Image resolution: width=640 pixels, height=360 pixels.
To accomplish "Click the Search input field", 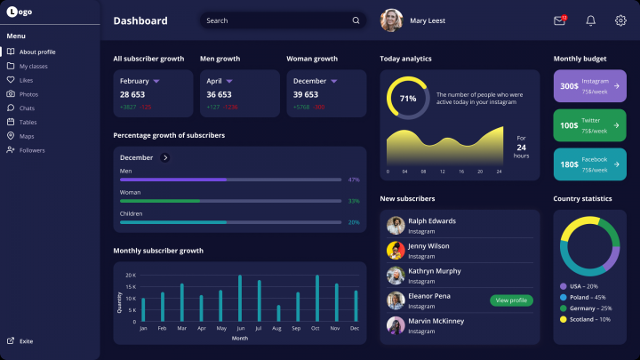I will (x=276, y=20).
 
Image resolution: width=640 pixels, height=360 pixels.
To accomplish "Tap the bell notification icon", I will (x=590, y=20).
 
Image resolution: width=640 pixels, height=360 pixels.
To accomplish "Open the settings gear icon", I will (x=620, y=20).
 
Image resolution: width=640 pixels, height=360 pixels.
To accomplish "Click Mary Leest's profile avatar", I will (x=391, y=20).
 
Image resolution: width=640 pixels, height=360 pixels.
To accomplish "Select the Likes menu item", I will (x=26, y=80).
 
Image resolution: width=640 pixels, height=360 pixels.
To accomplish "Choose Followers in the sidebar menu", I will (x=31, y=150).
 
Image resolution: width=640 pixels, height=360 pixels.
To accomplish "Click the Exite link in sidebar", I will (x=26, y=341).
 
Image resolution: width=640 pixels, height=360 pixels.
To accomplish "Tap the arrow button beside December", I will (x=165, y=157).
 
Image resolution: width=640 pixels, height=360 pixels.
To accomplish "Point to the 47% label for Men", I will (x=354, y=180).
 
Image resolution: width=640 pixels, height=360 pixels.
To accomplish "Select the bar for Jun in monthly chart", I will (x=240, y=299).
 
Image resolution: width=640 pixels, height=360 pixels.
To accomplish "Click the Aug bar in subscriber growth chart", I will (x=278, y=313).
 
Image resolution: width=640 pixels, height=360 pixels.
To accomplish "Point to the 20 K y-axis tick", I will (x=130, y=276).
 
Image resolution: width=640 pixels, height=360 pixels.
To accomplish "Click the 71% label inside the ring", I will (x=408, y=99).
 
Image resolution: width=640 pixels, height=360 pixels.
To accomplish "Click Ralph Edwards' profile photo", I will (x=396, y=226).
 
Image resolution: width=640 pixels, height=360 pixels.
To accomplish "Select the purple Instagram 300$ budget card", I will (x=589, y=86).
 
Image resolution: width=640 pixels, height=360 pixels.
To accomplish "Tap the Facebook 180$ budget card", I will (x=589, y=164).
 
